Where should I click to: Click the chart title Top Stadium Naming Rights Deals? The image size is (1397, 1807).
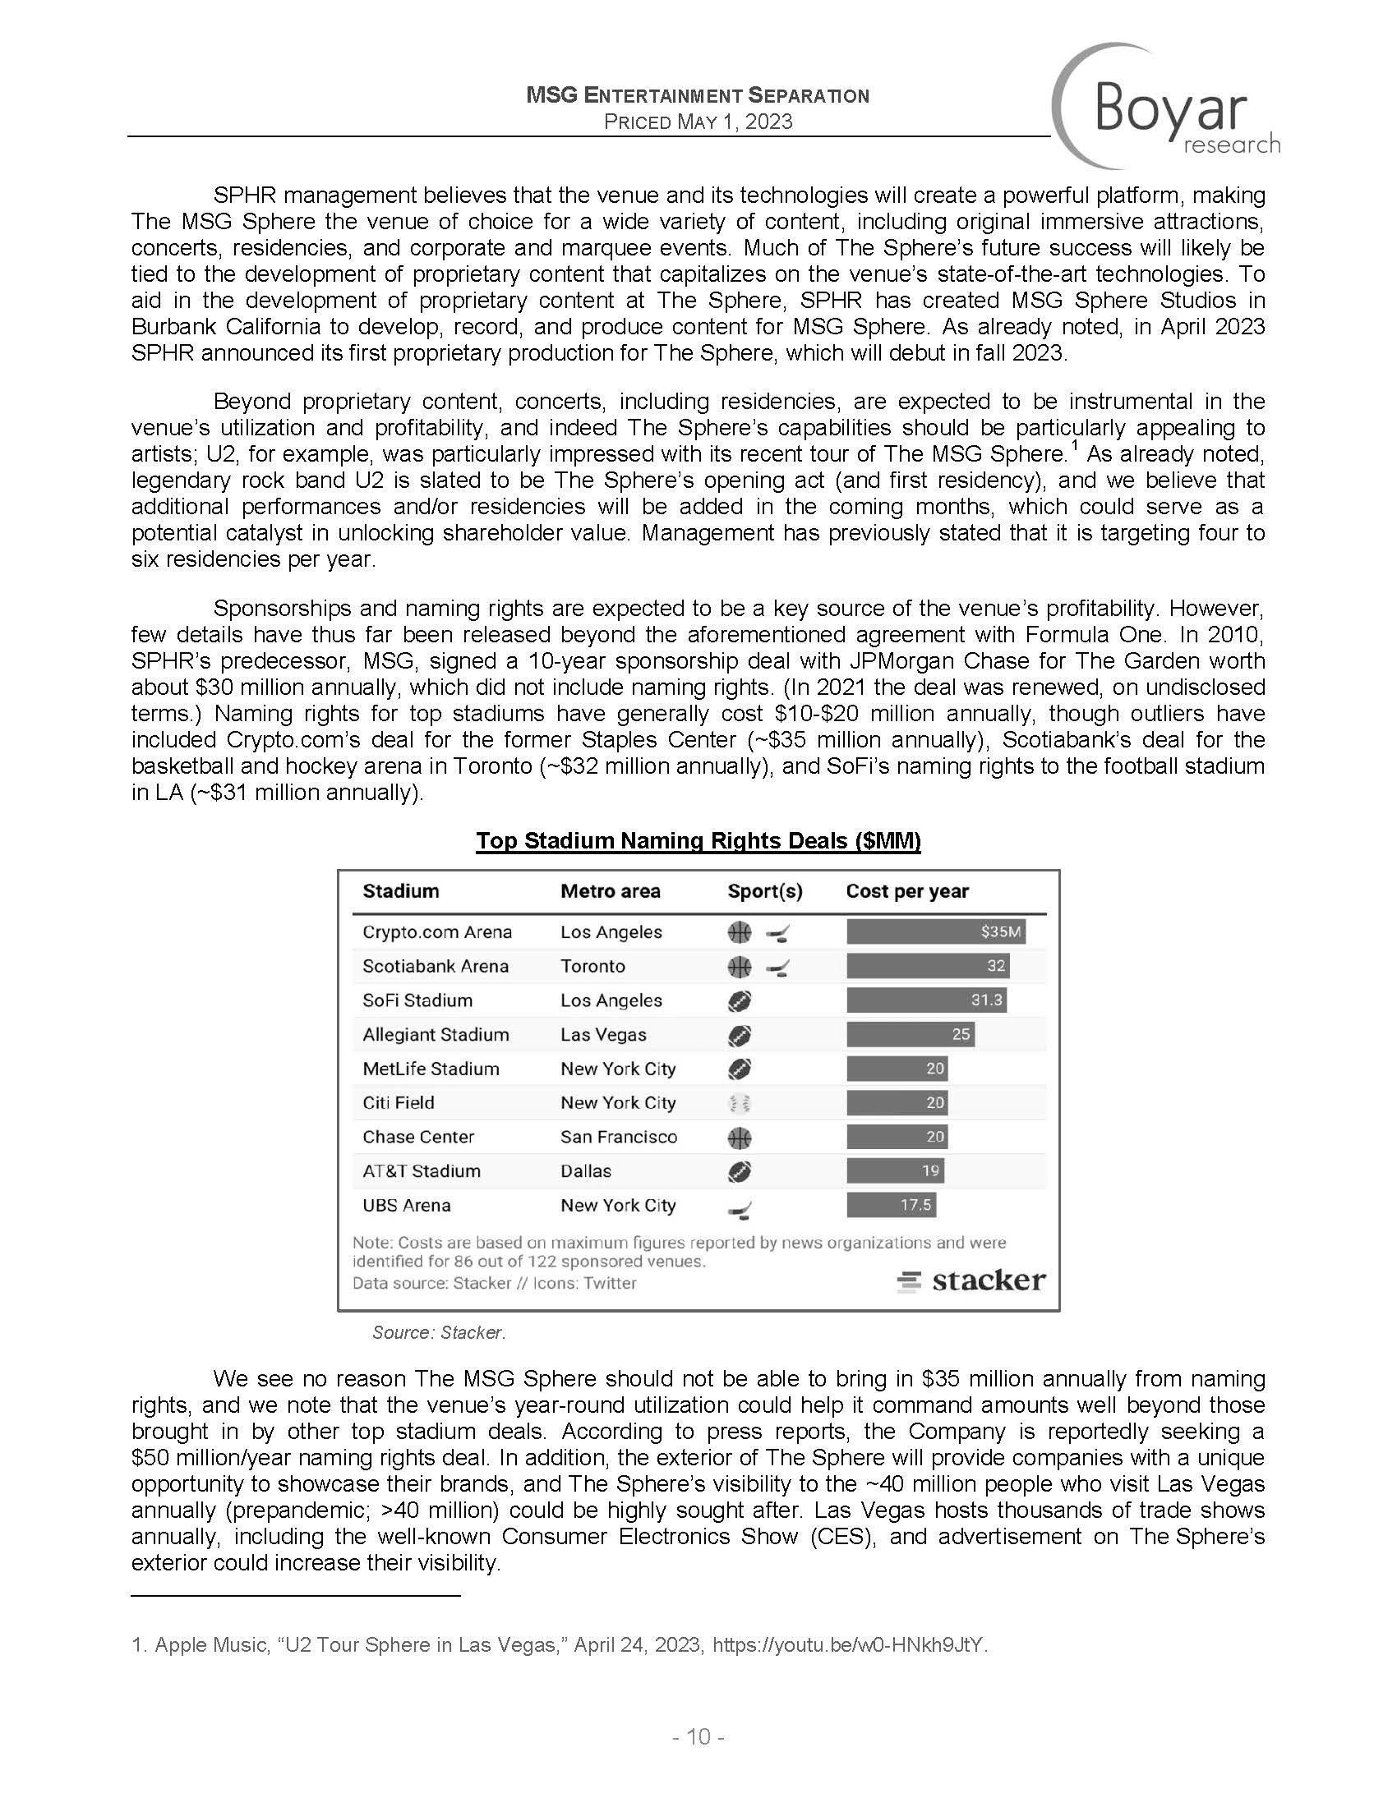[698, 840]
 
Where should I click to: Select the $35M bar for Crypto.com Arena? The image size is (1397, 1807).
[935, 931]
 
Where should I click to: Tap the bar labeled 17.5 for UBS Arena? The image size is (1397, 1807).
[891, 1205]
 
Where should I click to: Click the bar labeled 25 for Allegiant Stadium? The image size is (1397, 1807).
[910, 1034]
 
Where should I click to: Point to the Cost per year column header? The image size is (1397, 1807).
[906, 891]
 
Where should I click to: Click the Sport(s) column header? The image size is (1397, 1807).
[764, 891]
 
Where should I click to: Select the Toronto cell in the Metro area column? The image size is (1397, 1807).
[592, 967]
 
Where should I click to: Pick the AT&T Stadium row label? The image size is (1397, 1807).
[422, 1170]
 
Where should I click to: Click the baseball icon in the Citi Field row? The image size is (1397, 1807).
[739, 1103]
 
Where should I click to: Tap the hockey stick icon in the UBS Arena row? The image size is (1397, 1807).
[739, 1212]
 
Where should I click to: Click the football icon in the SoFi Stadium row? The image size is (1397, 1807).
[739, 1001]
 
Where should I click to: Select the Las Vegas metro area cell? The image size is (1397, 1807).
[602, 1034]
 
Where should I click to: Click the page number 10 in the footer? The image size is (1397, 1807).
[698, 1736]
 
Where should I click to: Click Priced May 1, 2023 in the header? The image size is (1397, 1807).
[698, 122]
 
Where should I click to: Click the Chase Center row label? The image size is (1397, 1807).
[418, 1137]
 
